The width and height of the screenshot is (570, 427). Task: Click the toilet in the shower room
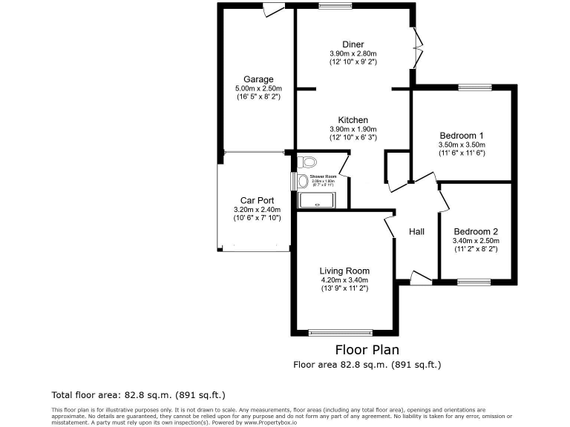(x=307, y=162)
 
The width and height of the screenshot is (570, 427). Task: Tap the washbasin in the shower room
(x=302, y=180)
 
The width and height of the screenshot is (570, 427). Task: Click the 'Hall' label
(x=416, y=231)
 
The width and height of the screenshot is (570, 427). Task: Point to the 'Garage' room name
(x=258, y=79)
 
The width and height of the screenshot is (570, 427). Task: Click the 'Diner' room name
(x=353, y=44)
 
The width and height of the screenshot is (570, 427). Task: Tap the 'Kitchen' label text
(x=353, y=120)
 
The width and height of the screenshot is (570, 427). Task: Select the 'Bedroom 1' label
(x=462, y=135)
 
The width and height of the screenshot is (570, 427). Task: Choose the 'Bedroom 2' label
(x=476, y=231)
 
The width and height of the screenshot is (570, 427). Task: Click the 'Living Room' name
(x=344, y=271)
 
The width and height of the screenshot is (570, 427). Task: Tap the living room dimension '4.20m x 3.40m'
(x=344, y=280)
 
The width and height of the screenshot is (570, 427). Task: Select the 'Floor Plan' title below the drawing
(x=367, y=349)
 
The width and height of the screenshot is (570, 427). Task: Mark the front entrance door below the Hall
(x=421, y=278)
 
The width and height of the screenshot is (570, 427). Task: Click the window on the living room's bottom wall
(x=341, y=332)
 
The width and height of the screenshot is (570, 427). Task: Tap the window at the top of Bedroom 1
(x=474, y=88)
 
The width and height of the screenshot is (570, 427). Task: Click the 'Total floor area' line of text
(x=138, y=394)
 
